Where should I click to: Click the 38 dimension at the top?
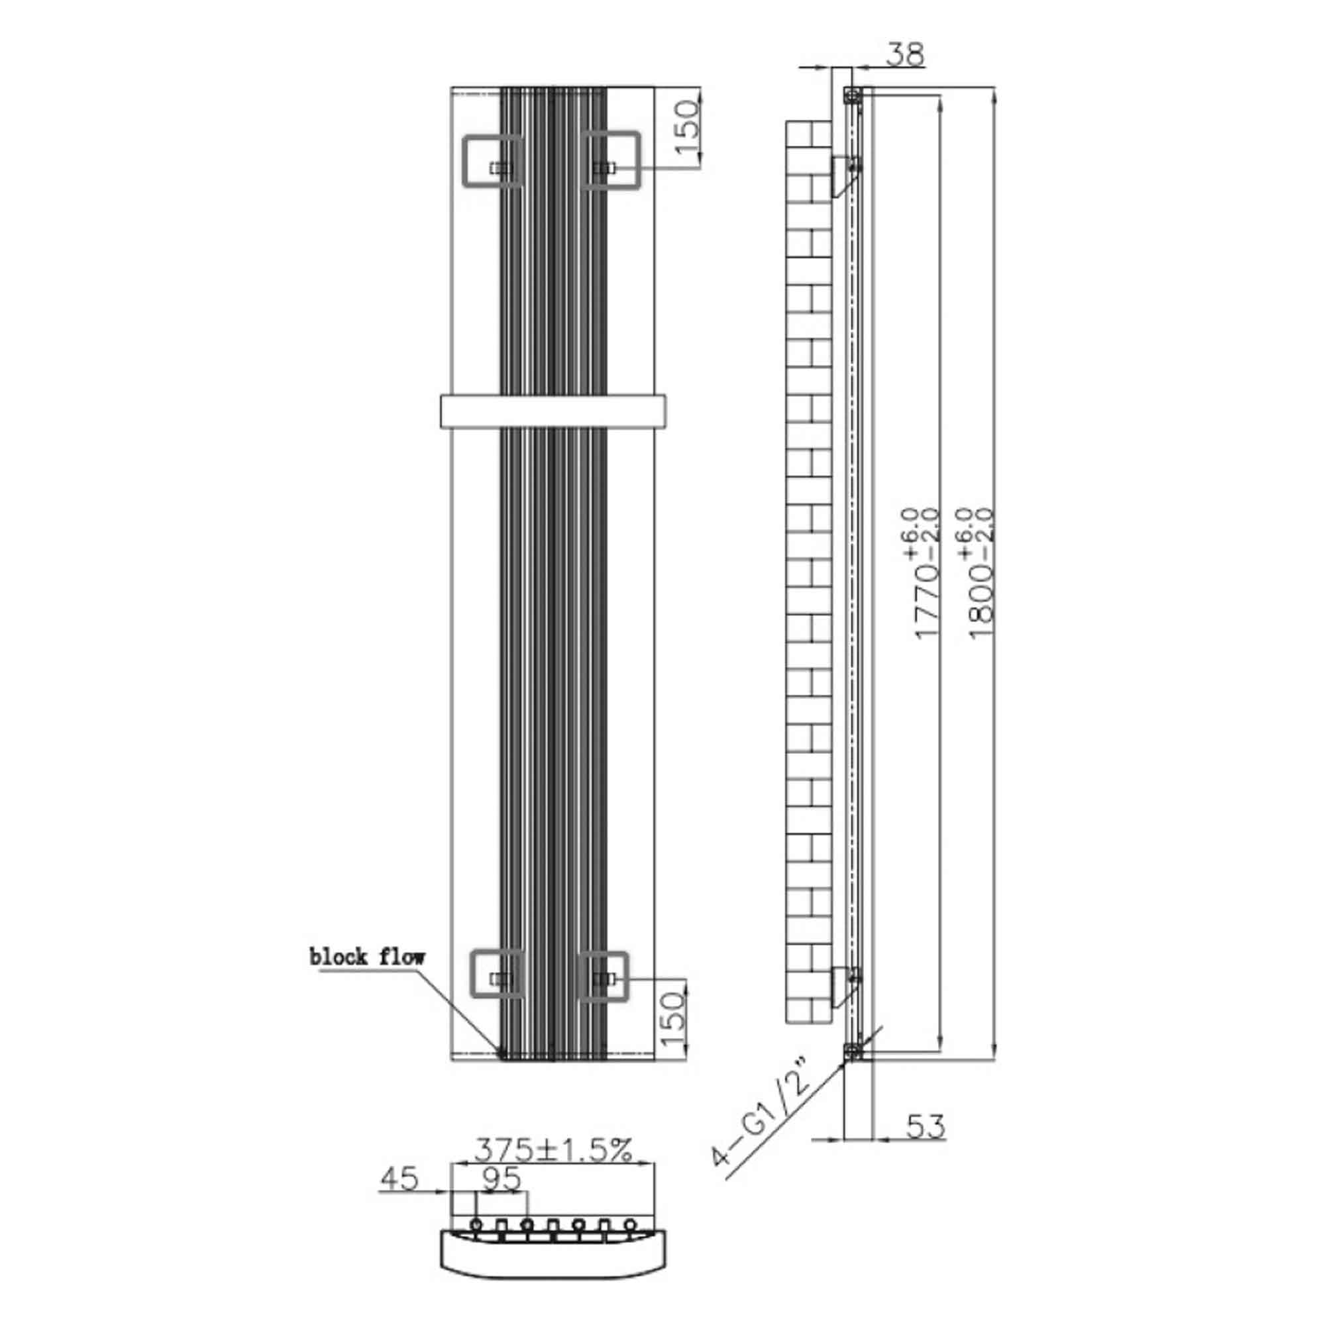pos(905,55)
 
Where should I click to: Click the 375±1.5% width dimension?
pos(553,1150)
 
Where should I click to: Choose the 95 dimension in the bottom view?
pos(502,1180)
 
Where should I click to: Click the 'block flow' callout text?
pos(367,957)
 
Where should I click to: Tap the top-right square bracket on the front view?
pos(611,159)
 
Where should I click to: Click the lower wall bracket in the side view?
pos(845,985)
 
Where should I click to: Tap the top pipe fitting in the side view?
pos(852,95)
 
